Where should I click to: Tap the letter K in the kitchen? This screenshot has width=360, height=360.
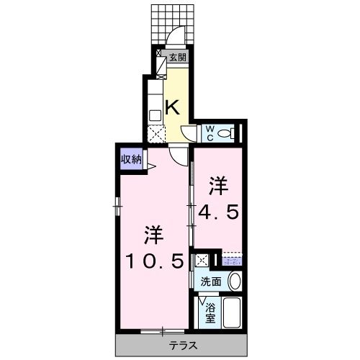[x=173, y=107]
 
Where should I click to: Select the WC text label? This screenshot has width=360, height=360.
[x=210, y=133]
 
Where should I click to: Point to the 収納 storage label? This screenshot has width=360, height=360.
[x=131, y=159]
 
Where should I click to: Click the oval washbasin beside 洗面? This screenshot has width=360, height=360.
[x=235, y=281]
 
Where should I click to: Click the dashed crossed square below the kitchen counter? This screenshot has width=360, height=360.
[x=155, y=132]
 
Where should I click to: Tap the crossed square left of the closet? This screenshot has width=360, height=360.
[x=204, y=260]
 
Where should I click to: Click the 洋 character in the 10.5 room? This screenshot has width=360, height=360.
[x=153, y=235]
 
